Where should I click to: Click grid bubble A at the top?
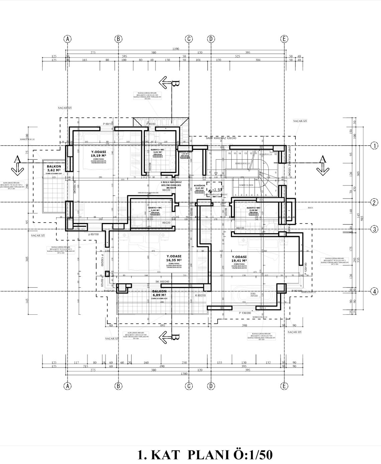coord(68,39)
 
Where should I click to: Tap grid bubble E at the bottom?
coord(284,386)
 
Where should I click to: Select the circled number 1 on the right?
coord(375,146)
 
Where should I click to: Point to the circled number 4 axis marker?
coord(375,291)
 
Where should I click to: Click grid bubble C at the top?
coord(189,39)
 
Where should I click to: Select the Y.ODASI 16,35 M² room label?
coord(174,258)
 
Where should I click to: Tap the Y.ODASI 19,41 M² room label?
coord(239,258)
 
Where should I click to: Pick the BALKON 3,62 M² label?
coord(54,168)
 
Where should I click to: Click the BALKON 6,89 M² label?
coord(159,293)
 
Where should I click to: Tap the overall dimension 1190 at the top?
coord(176,49)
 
